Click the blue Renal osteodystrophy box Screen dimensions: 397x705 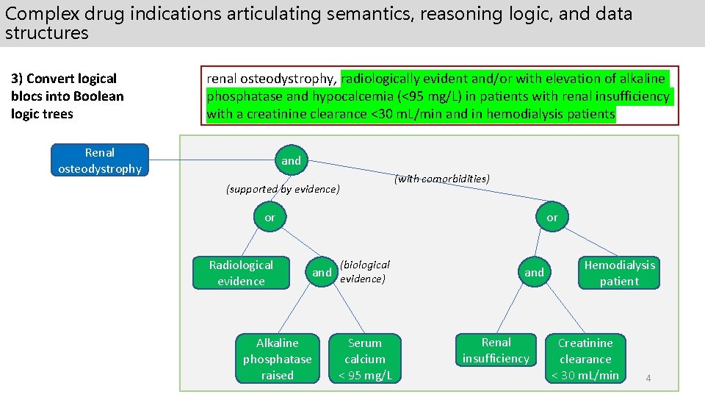99,161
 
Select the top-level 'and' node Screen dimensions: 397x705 292,160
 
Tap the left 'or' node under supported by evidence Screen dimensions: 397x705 270,218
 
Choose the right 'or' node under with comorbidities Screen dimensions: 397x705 552,218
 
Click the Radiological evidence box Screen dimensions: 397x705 241,273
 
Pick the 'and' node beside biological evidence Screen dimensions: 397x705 322,273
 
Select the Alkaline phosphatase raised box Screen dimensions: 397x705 278,359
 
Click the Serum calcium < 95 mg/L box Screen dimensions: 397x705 365,359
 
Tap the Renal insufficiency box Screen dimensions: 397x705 496,351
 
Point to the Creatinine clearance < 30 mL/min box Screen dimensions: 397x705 585,359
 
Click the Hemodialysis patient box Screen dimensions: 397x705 619,273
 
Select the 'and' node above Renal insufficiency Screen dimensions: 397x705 534,273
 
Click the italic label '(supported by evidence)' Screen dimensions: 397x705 283,190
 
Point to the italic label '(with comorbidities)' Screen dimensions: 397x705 442,179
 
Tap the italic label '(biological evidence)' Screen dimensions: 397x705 364,271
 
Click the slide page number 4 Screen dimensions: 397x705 648,379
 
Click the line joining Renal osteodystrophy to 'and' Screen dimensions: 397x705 213,161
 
